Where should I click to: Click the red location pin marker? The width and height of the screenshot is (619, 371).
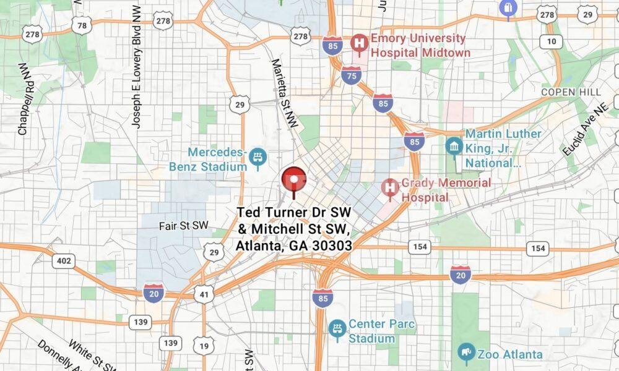[294, 179]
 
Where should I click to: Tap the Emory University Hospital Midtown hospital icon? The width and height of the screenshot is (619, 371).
[358, 43]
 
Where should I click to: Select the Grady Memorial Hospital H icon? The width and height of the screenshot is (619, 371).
[390, 187]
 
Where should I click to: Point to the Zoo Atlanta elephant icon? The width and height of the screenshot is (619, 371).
[466, 353]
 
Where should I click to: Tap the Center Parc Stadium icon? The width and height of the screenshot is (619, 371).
[337, 329]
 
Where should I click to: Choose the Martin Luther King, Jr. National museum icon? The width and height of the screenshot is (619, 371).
[454, 147]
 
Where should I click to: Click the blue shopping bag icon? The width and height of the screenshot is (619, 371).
[508, 8]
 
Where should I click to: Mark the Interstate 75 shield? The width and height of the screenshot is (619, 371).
[351, 74]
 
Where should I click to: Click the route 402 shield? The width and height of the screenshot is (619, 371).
[63, 261]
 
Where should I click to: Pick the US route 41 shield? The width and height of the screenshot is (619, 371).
[203, 294]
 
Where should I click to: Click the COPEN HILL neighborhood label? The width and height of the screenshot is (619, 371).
[571, 92]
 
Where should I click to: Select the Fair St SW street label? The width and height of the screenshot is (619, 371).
[183, 225]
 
